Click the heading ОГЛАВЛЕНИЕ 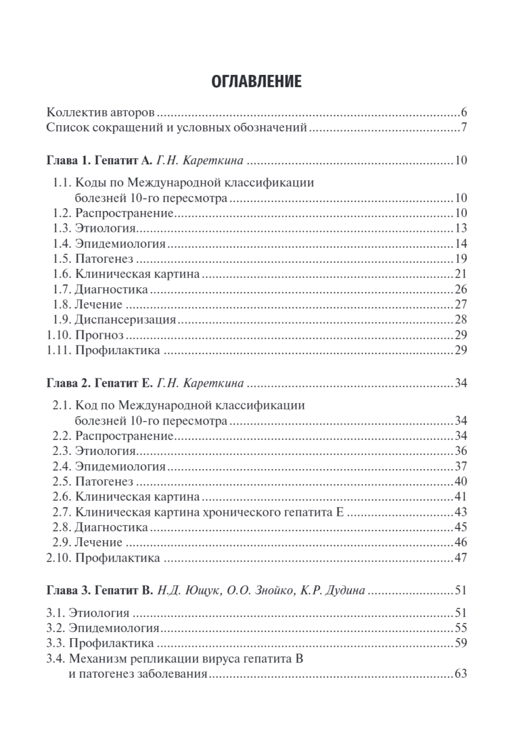(256, 82)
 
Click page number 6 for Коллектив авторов (464, 114)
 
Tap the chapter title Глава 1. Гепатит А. (98, 161)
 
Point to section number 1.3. (61, 228)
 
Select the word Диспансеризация (126, 319)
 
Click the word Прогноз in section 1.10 (99, 335)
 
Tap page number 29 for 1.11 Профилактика (461, 350)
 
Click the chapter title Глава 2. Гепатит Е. (98, 383)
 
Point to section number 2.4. (61, 467)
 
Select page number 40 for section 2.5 (461, 482)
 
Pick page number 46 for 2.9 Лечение (461, 542)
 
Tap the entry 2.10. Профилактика (103, 558)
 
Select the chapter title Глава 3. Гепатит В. (98, 591)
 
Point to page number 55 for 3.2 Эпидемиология (461, 627)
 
